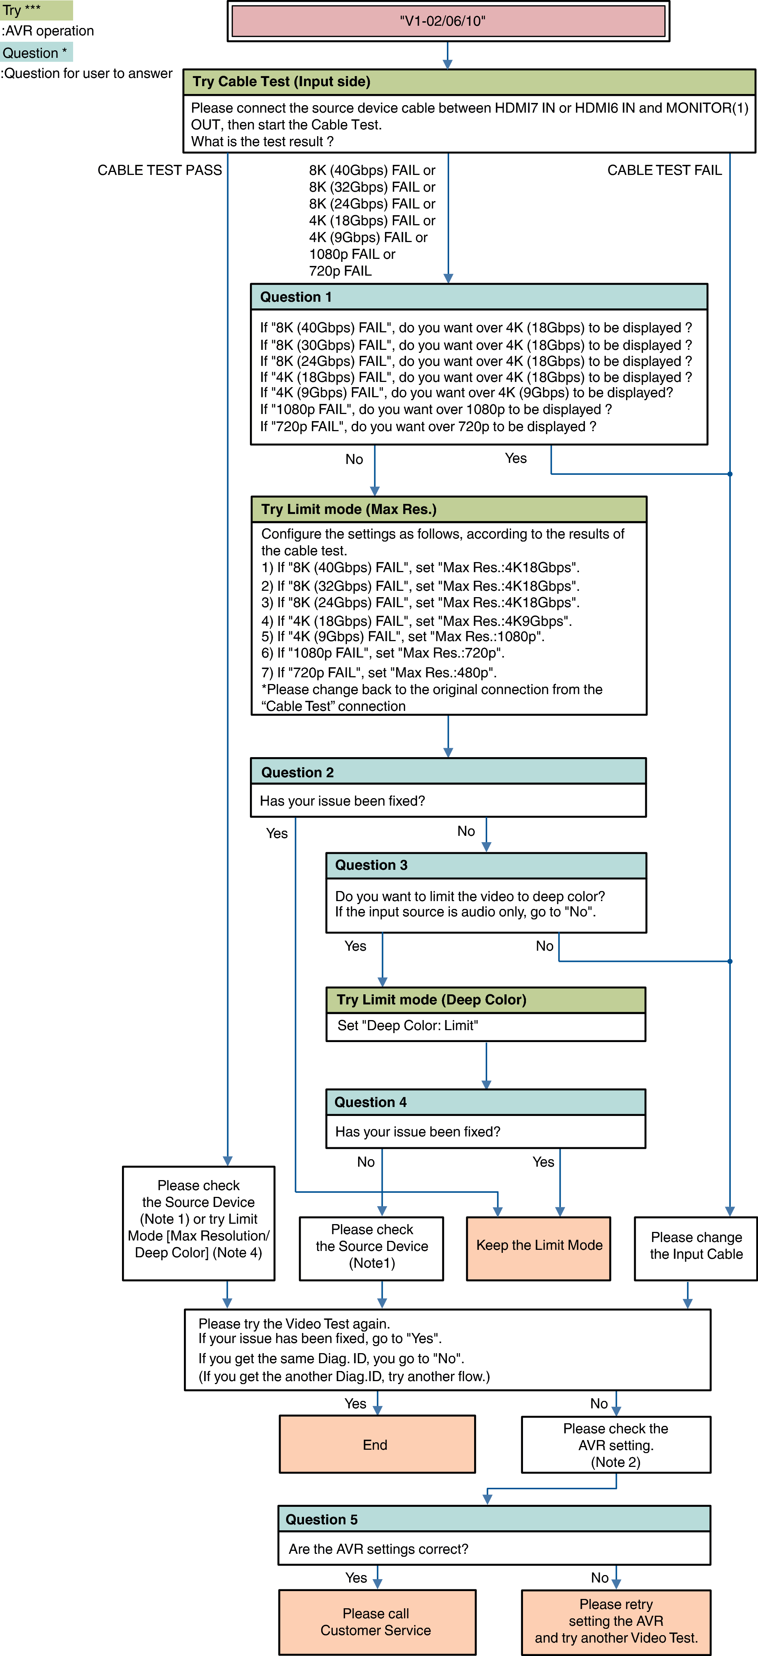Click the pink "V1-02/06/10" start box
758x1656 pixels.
tap(448, 21)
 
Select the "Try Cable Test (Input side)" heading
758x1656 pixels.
tap(282, 82)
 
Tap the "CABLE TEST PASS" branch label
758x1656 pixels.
tap(159, 170)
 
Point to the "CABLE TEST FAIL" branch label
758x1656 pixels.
tap(664, 170)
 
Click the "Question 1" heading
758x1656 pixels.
tap(296, 297)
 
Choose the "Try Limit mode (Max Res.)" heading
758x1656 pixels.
tap(348, 509)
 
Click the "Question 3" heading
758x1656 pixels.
tap(371, 865)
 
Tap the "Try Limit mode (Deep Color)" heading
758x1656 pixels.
tap(431, 1000)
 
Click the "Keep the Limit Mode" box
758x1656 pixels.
tap(539, 1246)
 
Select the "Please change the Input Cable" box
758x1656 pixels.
tap(696, 1246)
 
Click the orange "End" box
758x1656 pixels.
tap(377, 1445)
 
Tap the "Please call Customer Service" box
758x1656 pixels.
tap(377, 1621)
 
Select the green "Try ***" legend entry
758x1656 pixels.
tap(36, 10)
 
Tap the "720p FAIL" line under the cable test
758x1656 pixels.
tap(340, 271)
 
